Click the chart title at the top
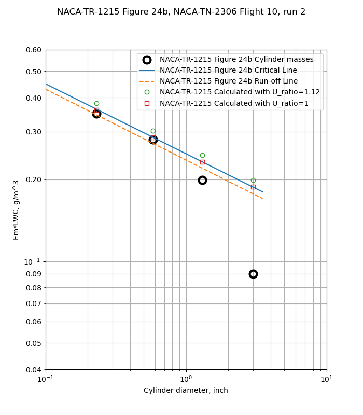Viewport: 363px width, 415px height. pos(181,12)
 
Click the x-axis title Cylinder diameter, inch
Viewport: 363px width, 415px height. pos(186,390)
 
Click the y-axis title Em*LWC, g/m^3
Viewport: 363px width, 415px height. pos(16,210)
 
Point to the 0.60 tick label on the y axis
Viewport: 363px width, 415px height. pos(33,50)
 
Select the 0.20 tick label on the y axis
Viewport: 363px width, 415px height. pos(33,179)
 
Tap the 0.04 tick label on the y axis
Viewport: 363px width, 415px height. pos(33,369)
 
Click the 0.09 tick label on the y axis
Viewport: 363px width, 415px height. pos(33,274)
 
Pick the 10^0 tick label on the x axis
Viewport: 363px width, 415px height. pos(186,379)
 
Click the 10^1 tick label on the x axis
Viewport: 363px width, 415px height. pos(326,379)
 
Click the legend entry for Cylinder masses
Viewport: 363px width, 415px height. pos(236,60)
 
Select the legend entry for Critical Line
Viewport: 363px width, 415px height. pos(228,71)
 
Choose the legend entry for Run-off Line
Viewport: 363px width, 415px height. pos(228,81)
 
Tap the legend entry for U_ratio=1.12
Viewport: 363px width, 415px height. pos(240,92)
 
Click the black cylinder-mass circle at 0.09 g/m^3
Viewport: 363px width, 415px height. pos(253,274)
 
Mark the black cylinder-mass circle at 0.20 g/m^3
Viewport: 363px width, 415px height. pos(202,180)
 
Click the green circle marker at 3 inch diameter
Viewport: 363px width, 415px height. pos(253,180)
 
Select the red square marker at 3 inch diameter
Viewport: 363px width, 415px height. pos(253,187)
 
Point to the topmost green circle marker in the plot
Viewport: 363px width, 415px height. pos(96,103)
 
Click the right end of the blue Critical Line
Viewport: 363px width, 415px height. pos(262,192)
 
